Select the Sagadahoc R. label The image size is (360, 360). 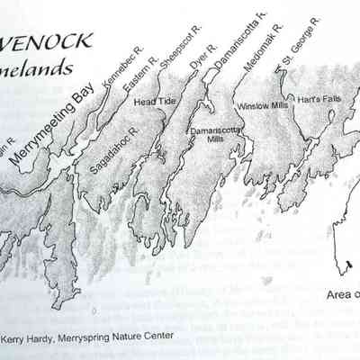(113, 149)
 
